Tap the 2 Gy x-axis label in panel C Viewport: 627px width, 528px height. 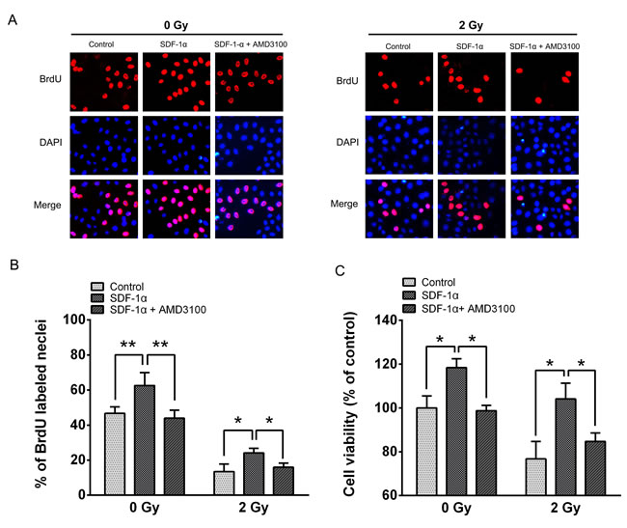tap(559, 508)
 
